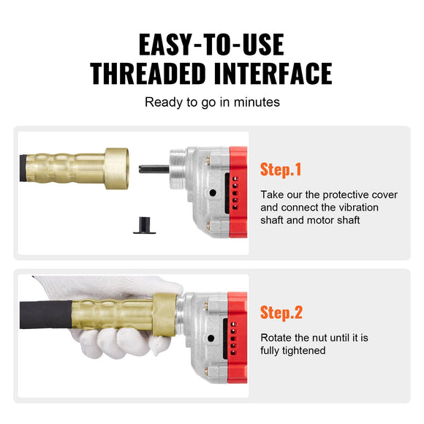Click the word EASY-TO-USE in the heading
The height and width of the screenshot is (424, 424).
tap(211, 45)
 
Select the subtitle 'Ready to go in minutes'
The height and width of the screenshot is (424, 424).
tap(212, 102)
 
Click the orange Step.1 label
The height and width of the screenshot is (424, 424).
tap(281, 170)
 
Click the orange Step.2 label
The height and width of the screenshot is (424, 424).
tap(281, 314)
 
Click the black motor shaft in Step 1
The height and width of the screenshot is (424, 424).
tap(154, 169)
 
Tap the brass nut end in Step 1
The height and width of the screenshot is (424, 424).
tap(116, 168)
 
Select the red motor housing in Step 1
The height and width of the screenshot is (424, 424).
tap(237, 191)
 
